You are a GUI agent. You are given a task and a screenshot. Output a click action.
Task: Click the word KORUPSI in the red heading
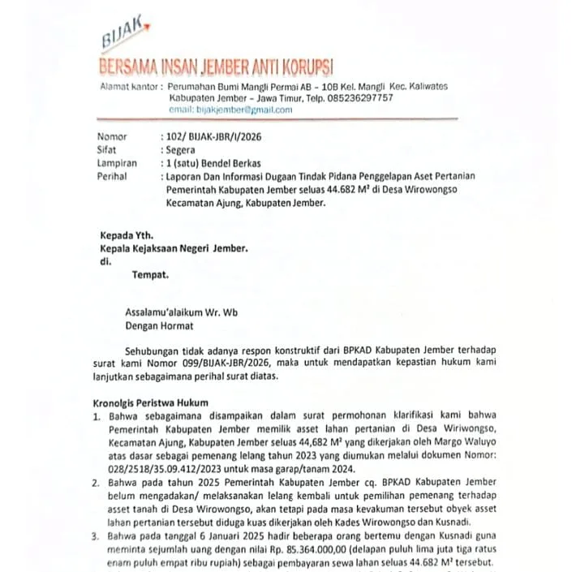[302, 67]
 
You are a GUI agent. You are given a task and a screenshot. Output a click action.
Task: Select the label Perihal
[112, 175]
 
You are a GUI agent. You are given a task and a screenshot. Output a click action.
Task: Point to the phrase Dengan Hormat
[159, 326]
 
